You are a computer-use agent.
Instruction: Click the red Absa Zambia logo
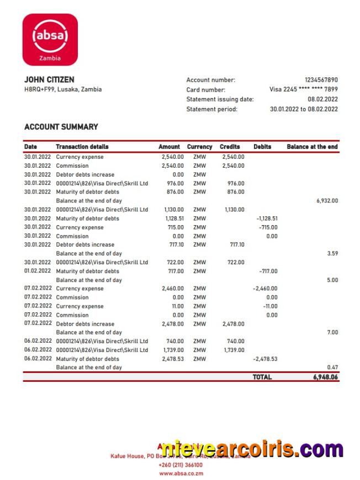[50, 39]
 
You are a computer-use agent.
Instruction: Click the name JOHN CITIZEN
[49, 80]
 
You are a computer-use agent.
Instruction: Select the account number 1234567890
[321, 80]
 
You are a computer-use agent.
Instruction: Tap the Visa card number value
[304, 89]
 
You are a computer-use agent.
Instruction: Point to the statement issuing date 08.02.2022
[323, 99]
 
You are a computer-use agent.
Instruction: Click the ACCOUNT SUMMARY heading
[61, 127]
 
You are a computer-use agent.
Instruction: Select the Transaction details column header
[82, 147]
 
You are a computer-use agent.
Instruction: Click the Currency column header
[199, 147]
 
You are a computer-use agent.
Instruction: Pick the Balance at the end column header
[312, 147]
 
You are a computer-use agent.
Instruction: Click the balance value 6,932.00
[327, 201]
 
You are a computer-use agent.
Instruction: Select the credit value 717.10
[236, 244]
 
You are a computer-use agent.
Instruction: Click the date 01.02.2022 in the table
[38, 271]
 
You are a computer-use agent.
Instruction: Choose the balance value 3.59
[332, 253]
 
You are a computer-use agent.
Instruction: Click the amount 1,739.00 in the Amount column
[173, 350]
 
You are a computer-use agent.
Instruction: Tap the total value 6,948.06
[325, 377]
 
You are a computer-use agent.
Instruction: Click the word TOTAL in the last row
[262, 377]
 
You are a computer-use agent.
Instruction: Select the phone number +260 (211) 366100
[180, 465]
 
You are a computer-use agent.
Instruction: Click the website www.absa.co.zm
[180, 473]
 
